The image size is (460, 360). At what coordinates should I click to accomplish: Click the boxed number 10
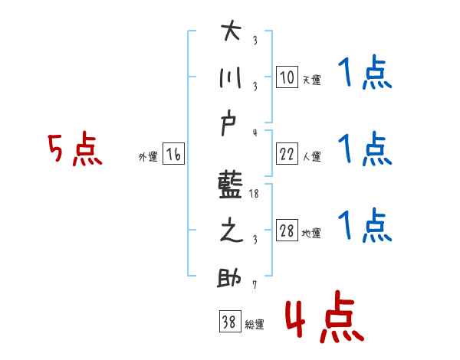click(287, 77)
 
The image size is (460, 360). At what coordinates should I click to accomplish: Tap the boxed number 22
click(287, 154)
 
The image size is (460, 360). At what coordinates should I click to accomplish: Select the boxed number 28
click(287, 231)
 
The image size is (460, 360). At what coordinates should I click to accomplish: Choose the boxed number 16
click(173, 154)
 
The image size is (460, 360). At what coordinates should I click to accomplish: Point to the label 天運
click(311, 80)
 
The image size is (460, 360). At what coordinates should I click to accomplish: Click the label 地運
click(311, 234)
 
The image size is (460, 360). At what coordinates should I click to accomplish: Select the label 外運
click(148, 157)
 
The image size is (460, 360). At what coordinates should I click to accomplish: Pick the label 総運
click(254, 325)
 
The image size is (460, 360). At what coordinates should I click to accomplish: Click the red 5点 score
click(74, 150)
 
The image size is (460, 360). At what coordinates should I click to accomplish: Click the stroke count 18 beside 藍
click(255, 195)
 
